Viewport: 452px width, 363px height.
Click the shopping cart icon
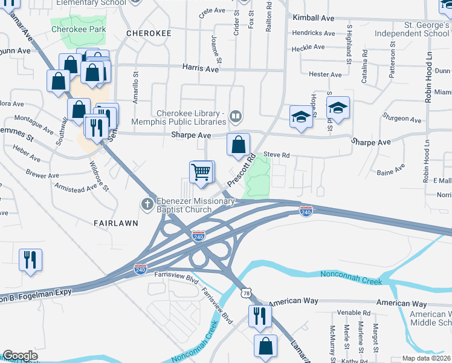[201, 171]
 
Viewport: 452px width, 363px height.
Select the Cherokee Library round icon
[236, 115]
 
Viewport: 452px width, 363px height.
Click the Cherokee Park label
[79, 29]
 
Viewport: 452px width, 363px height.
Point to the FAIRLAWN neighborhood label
[116, 223]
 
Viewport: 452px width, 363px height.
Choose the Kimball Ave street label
[313, 18]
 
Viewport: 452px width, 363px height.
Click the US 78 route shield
[245, 293]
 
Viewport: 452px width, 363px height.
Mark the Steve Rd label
[277, 155]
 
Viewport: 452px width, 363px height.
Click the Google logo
[20, 356]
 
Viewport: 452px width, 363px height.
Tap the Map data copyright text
[426, 358]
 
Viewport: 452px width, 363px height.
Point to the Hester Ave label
[325, 74]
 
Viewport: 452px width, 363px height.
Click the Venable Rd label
[354, 313]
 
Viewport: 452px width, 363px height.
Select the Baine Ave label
[390, 172]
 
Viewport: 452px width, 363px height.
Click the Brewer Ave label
[42, 174]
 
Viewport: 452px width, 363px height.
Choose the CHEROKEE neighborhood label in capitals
[149, 33]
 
